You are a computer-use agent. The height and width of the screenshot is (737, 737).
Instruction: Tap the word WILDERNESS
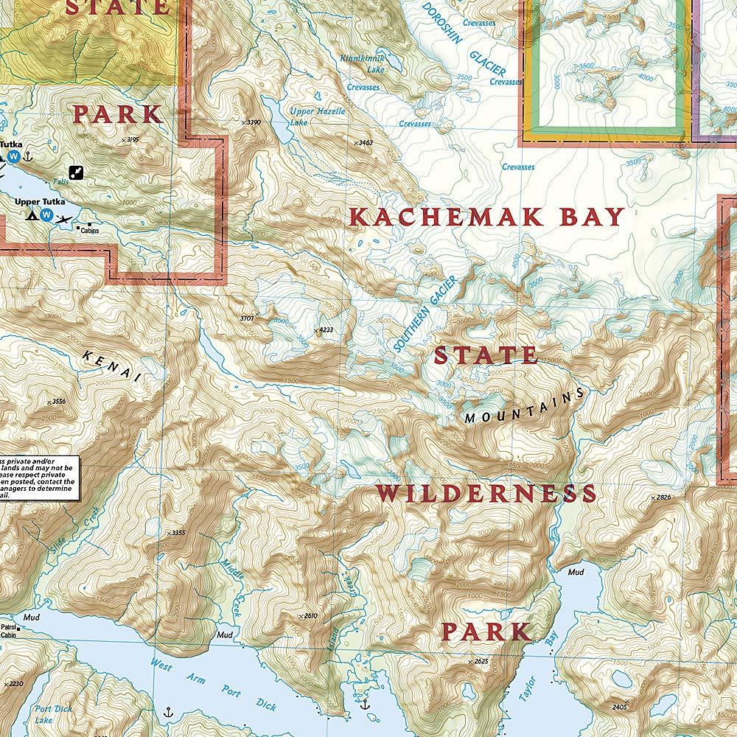(x=486, y=493)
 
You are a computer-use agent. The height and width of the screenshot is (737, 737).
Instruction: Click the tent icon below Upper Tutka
(x=32, y=216)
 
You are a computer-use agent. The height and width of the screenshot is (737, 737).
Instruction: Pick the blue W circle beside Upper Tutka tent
(x=47, y=216)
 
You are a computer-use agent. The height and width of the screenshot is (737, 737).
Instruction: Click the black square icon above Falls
(x=76, y=172)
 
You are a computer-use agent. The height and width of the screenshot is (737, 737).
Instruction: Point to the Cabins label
(x=91, y=231)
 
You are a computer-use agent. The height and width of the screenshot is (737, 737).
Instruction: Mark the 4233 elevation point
(x=321, y=330)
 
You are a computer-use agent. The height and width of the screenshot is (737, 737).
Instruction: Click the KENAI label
(x=113, y=366)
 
